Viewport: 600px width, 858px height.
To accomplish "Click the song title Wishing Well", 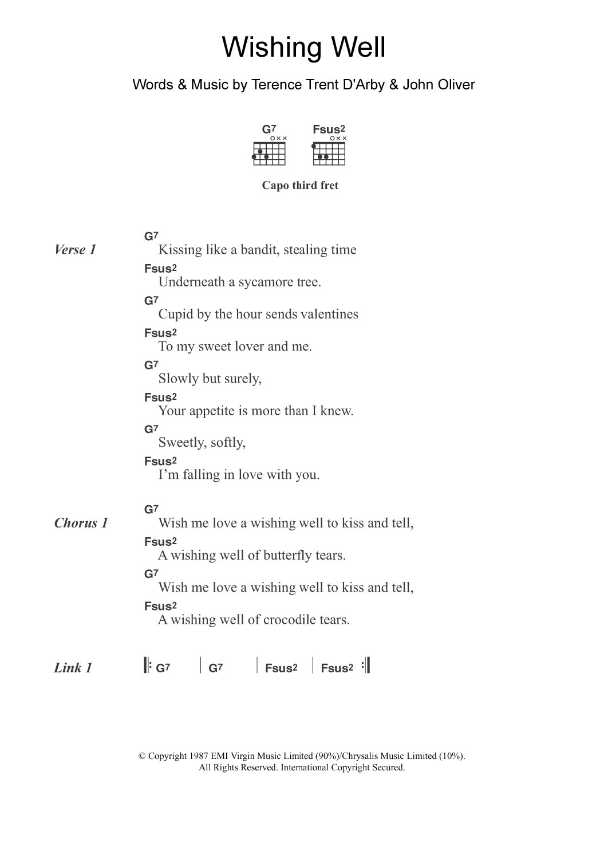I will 303,48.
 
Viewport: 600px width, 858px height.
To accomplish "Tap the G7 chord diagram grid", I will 269,154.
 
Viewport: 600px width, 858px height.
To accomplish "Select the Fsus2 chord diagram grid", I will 329,154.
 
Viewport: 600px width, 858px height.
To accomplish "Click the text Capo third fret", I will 300,186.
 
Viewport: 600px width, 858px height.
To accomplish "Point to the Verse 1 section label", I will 75,250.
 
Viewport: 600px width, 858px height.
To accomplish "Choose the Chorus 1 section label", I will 81,523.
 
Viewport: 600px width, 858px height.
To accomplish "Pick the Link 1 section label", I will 73,668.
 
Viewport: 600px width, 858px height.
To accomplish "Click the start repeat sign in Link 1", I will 147,666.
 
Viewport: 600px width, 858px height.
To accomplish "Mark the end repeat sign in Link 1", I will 366,666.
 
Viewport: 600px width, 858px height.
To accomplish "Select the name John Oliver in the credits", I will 439,85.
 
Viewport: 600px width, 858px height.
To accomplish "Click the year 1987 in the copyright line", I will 198,756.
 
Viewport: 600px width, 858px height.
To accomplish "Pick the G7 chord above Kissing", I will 151,236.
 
